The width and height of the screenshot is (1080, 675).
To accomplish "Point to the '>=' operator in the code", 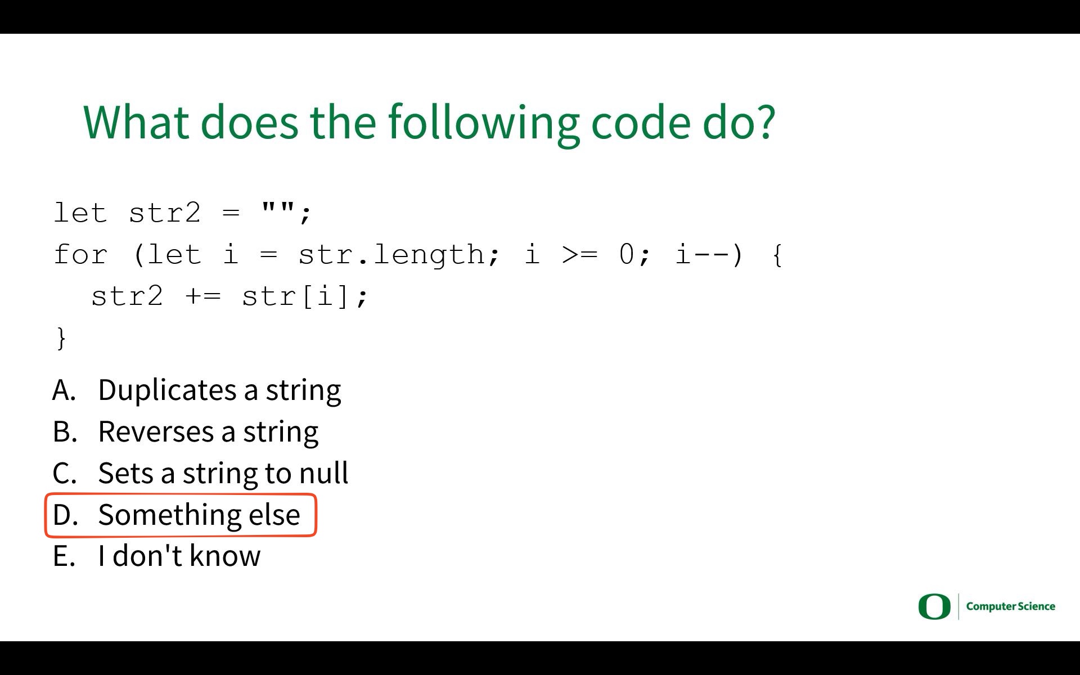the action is click(x=579, y=255).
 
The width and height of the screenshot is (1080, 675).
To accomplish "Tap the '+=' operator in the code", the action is click(x=203, y=296).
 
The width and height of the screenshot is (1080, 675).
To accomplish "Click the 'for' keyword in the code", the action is click(x=80, y=254).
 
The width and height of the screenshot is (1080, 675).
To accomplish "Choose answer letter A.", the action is click(x=64, y=390).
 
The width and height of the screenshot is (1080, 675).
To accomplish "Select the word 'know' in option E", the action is click(x=225, y=556).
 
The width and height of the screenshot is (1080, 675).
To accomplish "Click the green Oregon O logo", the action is click(x=934, y=606).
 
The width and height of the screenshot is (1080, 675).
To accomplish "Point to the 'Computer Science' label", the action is click(x=1010, y=606).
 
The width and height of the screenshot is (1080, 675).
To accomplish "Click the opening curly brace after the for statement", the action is click(x=777, y=255).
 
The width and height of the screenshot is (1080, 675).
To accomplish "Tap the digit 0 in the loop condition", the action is click(x=626, y=254).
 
